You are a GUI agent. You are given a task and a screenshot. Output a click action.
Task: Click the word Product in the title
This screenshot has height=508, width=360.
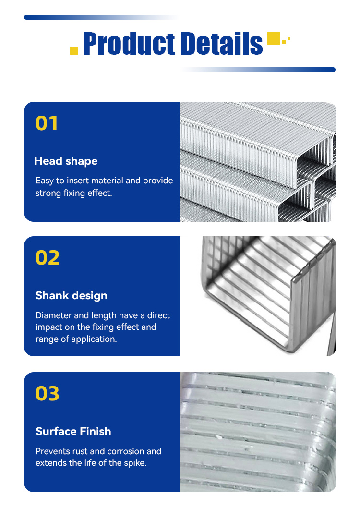tap(129, 43)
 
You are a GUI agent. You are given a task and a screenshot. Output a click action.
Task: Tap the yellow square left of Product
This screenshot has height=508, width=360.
tap(74, 51)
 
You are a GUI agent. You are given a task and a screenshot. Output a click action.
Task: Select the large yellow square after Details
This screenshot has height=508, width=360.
tap(274, 38)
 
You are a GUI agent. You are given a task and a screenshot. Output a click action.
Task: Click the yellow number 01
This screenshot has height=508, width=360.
tap(47, 123)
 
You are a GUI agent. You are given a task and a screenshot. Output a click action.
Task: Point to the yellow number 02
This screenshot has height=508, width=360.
tap(48, 257)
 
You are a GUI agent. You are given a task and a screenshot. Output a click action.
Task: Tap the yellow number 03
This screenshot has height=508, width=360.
tap(48, 393)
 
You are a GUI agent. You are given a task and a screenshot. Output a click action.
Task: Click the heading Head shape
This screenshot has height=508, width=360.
tap(66, 161)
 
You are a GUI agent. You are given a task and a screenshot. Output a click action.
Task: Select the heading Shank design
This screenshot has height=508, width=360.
tap(71, 295)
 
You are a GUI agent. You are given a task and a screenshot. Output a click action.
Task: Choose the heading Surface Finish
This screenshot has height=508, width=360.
tap(73, 431)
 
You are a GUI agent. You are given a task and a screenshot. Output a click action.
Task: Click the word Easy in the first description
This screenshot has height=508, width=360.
tap(44, 181)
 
